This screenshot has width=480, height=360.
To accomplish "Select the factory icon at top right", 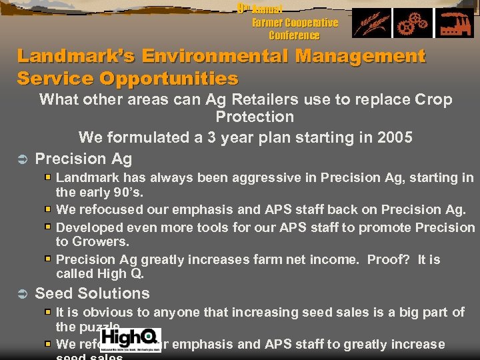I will [453, 24].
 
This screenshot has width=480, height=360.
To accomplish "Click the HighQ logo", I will [131, 339].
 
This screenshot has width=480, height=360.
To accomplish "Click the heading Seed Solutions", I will [92, 293].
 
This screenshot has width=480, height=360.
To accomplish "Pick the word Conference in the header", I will [294, 35].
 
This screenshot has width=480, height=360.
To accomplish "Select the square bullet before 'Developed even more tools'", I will [48, 227].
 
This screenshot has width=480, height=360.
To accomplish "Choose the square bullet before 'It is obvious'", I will [48, 311].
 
